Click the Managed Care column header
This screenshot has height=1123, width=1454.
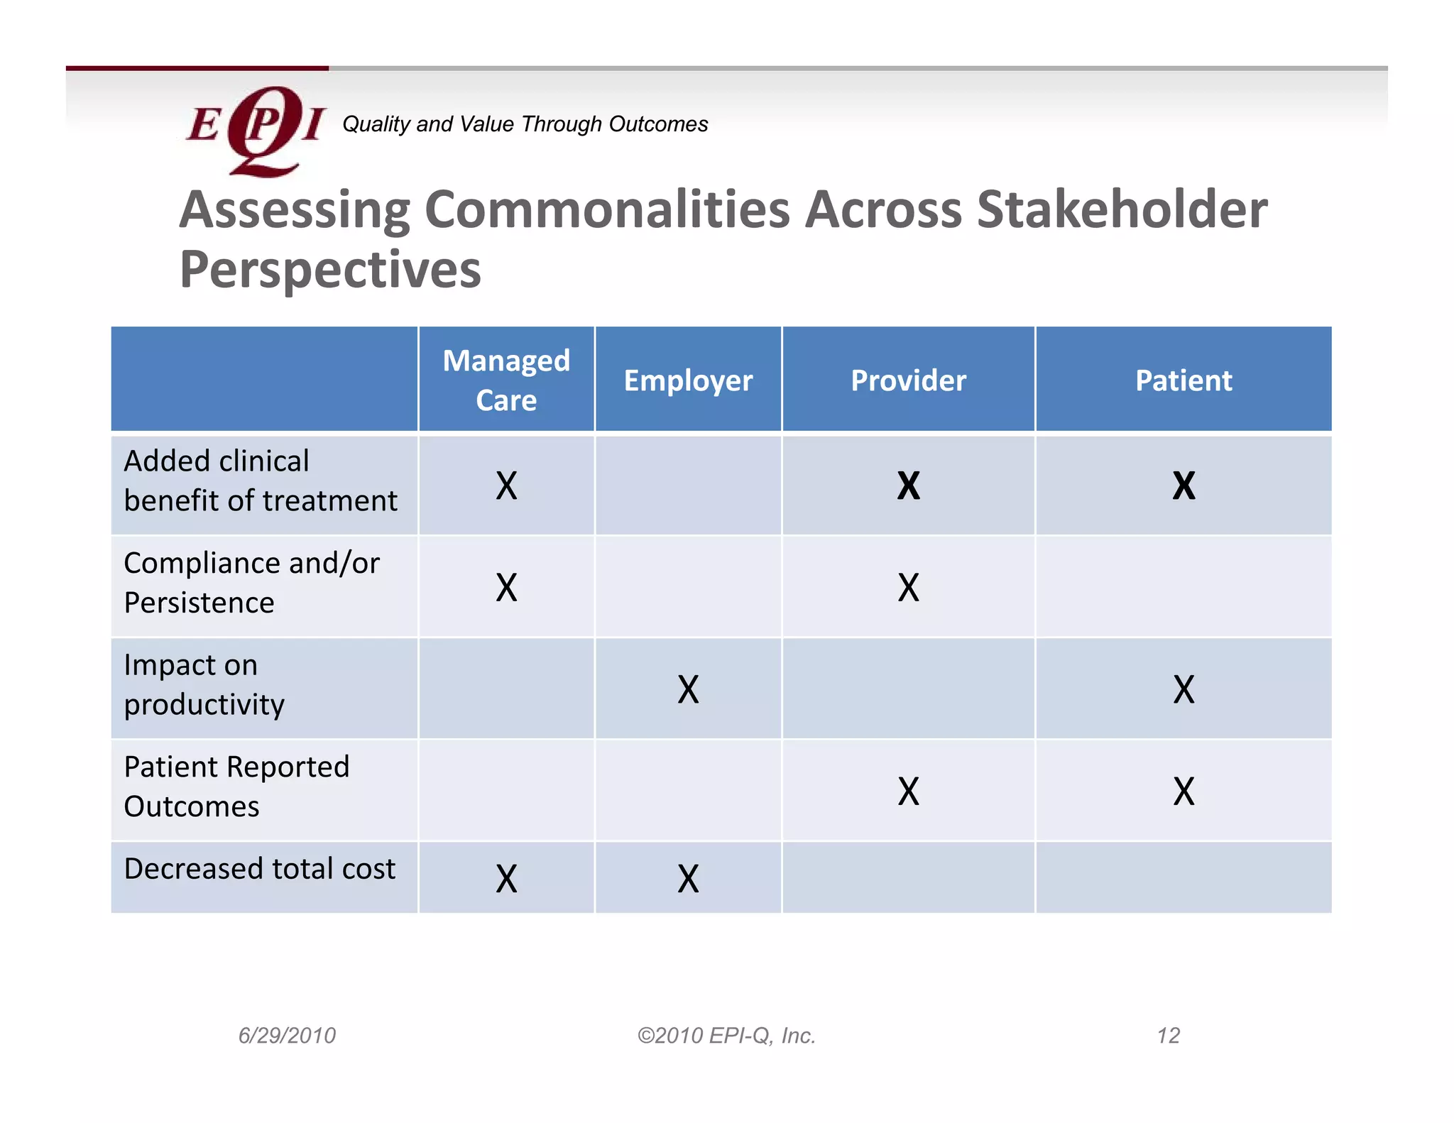506,380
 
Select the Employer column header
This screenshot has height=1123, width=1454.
688,380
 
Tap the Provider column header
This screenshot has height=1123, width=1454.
908,380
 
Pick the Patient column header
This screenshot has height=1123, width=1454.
1184,380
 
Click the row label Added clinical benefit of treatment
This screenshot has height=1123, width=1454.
260,481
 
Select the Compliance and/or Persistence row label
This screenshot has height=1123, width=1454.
251,583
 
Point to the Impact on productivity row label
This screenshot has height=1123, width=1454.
204,684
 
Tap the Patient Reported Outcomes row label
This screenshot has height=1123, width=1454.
236,787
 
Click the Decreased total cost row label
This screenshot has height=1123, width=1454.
259,869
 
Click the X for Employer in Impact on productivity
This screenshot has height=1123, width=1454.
688,689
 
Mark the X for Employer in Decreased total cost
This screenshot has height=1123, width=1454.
688,879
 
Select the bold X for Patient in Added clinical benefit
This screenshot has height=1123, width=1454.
1184,486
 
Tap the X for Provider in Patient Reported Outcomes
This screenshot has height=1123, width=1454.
908,791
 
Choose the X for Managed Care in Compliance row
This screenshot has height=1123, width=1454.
506,588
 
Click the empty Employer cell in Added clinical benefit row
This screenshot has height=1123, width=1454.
688,486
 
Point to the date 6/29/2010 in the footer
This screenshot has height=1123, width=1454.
287,1036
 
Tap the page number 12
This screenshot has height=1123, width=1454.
1168,1036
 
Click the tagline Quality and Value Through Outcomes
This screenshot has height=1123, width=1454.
525,124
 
